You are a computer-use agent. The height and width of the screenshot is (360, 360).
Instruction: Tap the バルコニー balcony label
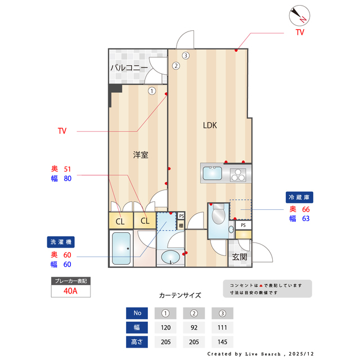[x=129, y=68]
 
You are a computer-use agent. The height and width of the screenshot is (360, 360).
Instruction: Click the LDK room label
[x=210, y=125]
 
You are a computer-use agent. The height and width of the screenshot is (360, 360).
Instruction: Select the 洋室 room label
[x=141, y=155]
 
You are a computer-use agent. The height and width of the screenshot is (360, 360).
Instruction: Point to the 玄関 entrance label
[x=239, y=257]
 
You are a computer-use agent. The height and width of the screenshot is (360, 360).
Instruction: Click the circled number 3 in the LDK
[x=185, y=55]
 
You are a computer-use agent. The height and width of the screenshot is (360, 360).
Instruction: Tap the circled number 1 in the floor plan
[x=152, y=90]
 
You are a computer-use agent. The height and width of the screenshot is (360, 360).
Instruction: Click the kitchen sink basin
[x=213, y=173]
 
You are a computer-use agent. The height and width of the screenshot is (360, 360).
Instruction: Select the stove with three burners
[x=238, y=174]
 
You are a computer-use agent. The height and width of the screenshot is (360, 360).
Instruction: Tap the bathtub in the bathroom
[x=121, y=248]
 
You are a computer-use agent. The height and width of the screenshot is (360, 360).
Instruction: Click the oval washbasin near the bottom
[x=171, y=258]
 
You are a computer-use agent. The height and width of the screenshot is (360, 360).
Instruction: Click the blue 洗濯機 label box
[x=61, y=242]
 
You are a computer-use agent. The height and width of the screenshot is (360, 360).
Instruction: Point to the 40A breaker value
[x=70, y=291]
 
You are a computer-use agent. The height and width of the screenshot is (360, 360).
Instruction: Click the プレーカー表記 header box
[x=70, y=280]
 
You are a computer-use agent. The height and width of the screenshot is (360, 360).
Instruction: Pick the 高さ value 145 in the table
[x=222, y=341]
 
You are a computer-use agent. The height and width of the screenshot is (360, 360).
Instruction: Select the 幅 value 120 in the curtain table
[x=165, y=327]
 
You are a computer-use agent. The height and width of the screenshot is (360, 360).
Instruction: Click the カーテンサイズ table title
[x=180, y=295]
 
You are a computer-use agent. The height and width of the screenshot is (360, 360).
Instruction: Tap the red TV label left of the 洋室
[x=62, y=131]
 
